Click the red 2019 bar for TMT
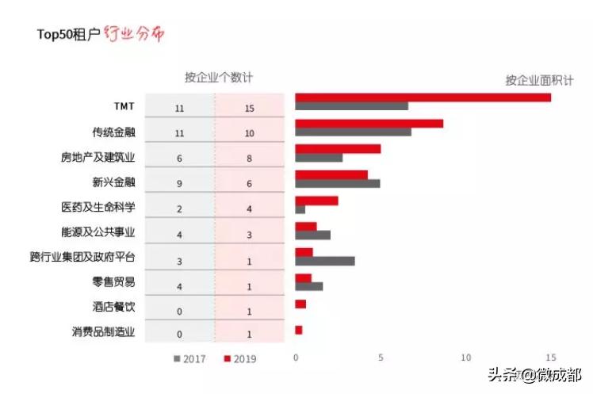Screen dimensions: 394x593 point(423,98)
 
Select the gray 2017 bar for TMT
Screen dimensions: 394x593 point(351,106)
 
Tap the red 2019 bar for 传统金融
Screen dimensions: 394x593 point(369,124)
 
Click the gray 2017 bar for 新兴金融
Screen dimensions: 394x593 point(337,184)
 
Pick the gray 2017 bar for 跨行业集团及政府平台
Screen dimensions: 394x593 point(324,261)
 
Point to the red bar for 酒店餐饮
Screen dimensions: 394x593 point(300,304)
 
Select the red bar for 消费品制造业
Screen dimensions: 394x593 point(299,330)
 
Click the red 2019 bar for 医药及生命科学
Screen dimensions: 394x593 point(316,201)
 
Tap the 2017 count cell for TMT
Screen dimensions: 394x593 point(180,108)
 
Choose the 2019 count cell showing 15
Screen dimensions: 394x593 point(249,108)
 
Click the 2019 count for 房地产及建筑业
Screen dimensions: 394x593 point(249,159)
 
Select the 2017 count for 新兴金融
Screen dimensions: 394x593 point(180,184)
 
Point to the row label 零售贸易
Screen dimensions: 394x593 point(113,282)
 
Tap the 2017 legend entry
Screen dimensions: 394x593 point(189,358)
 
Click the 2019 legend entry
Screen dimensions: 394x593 point(240,358)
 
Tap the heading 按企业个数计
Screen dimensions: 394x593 point(219,78)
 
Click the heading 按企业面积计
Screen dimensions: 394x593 point(539,80)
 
